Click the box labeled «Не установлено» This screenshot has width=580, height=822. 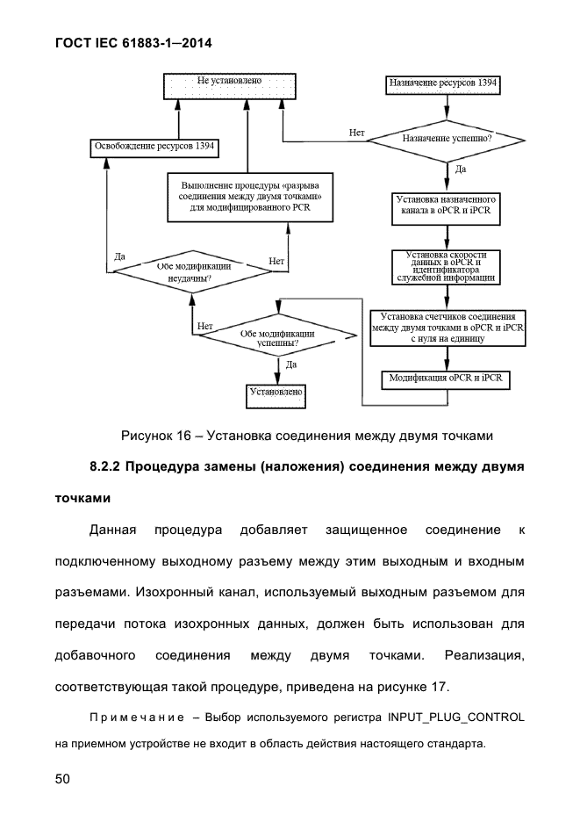point(230,86)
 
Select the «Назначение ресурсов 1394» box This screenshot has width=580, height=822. point(443,85)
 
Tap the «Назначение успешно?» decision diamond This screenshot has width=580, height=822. point(446,140)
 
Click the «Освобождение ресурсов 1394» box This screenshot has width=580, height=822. point(154,148)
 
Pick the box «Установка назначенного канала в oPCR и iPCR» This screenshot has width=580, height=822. point(446,209)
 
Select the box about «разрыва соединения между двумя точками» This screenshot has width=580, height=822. point(250,197)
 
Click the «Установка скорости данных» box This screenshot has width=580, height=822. point(446,267)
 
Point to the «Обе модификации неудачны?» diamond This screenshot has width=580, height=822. point(191,272)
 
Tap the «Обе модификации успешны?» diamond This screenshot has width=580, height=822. point(277,337)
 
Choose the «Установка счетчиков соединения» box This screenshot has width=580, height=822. point(448,328)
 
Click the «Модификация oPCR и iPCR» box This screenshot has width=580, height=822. point(446,380)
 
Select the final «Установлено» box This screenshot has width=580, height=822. point(276,396)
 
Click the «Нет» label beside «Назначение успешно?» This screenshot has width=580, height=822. point(357,133)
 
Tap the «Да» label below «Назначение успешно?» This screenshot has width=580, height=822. point(461,169)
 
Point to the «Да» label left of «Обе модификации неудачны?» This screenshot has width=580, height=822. point(119,256)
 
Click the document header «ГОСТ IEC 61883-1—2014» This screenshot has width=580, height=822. point(133,43)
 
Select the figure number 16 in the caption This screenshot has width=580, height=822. point(183,436)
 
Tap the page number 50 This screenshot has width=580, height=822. point(62,778)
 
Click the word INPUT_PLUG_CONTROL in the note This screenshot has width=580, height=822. point(455,717)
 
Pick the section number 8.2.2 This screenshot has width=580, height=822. point(105,466)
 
